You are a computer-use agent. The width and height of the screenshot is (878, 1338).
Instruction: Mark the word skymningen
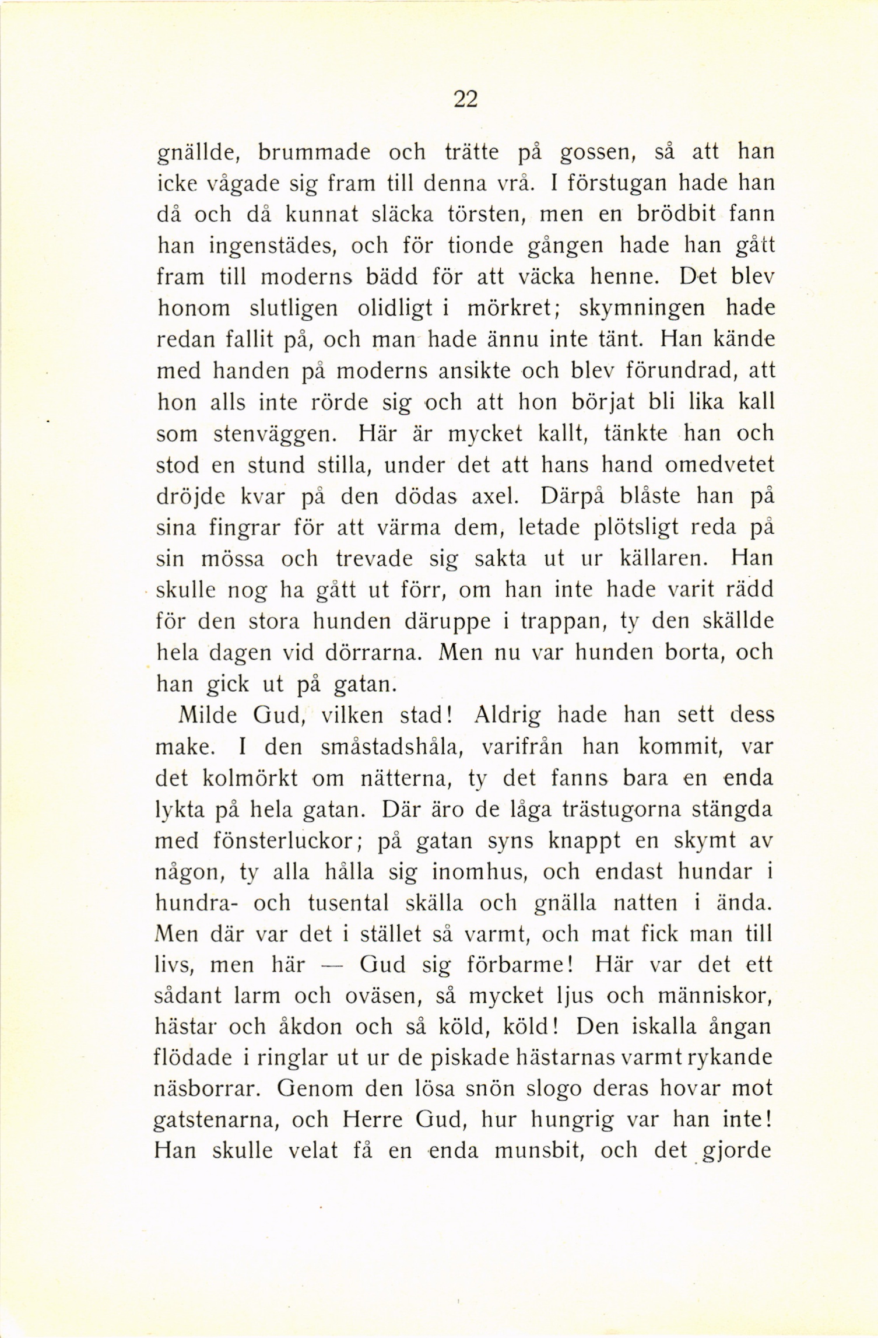tap(642, 309)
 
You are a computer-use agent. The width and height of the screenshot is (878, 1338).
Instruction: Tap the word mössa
tap(233, 559)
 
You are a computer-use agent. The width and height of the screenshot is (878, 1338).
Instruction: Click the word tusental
tap(348, 903)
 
